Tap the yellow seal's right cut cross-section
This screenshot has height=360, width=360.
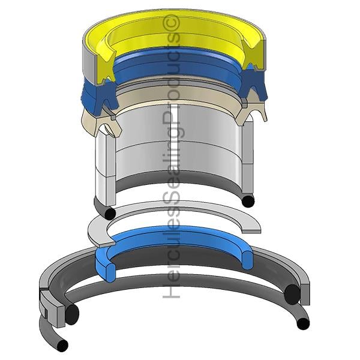[254, 54]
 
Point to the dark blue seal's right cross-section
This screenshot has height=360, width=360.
[253, 83]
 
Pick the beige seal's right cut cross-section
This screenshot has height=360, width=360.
[251, 110]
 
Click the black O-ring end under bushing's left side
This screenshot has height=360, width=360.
[110, 213]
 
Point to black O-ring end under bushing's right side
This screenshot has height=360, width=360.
[248, 201]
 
